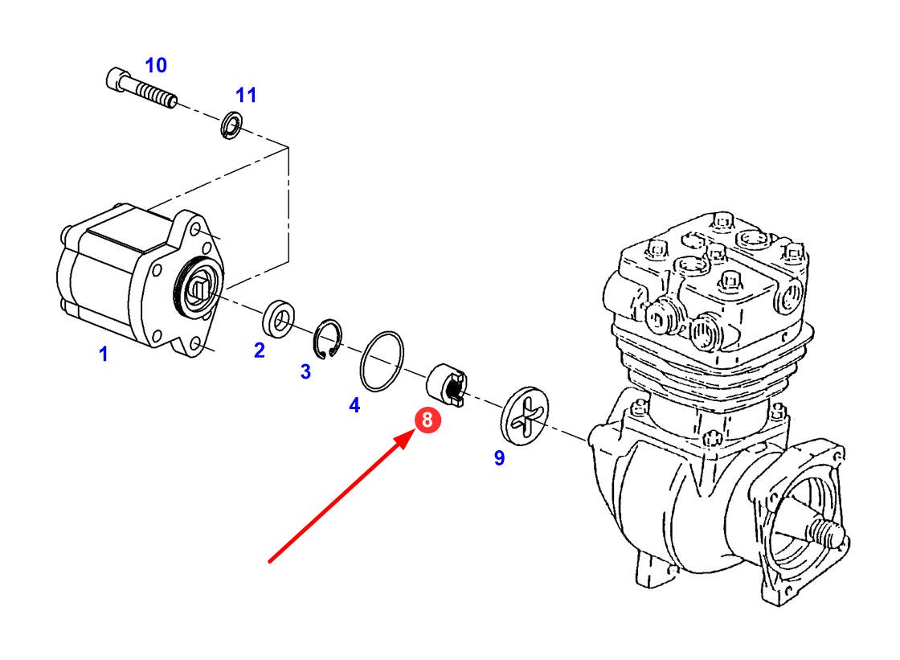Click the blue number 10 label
[x=155, y=65]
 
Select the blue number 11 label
[x=246, y=95]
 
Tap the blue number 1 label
[x=103, y=354]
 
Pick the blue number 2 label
[x=259, y=350]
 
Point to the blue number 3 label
[x=305, y=371]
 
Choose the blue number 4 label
[x=354, y=406]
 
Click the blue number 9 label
[x=499, y=458]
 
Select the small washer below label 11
[x=231, y=125]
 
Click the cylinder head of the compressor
[x=707, y=281]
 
